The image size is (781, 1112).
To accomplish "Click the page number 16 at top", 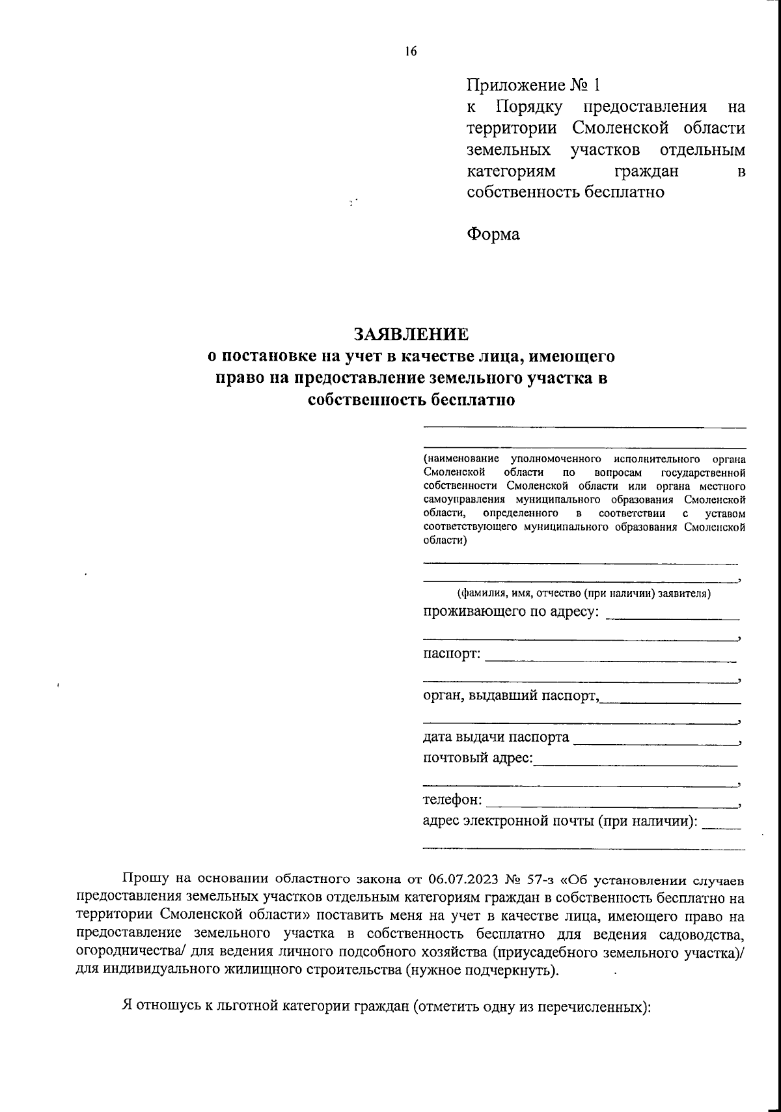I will click(410, 52).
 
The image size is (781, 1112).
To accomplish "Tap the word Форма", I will click(493, 234).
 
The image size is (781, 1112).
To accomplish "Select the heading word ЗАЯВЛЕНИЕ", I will click(411, 334).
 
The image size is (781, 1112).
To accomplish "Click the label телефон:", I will click(453, 799).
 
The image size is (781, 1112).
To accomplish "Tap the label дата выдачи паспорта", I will click(496, 738).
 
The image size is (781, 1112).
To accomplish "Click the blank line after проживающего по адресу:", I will click(672, 617).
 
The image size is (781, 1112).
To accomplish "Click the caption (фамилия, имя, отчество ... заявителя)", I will click(583, 593).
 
